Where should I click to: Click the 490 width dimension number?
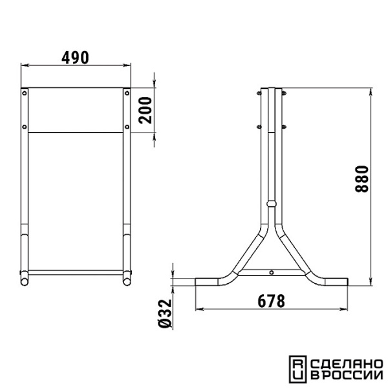tap(75, 58)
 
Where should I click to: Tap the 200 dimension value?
tap(145, 111)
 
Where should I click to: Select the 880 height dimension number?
tap(361, 179)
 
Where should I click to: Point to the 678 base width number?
tap(272, 301)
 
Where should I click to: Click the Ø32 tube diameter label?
tap(165, 314)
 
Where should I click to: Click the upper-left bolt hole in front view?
tap(25, 93)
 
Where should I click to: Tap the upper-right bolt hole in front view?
tap(127, 93)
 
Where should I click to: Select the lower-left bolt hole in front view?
tap(25, 127)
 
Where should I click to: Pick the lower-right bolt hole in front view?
tap(127, 127)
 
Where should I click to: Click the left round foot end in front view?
tap(25, 282)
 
